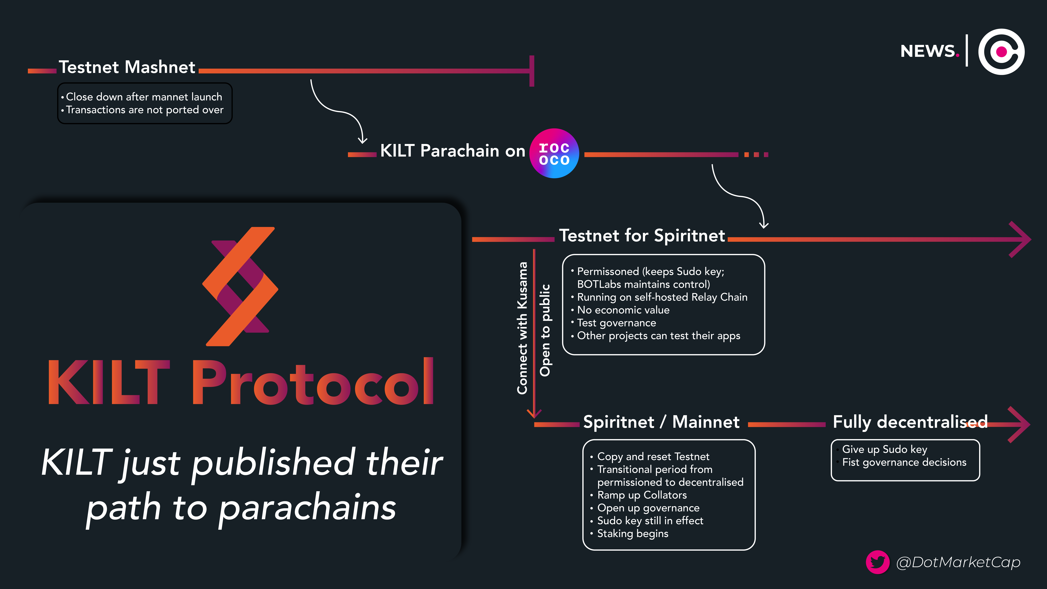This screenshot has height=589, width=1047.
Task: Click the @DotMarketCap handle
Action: pyautogui.click(x=958, y=562)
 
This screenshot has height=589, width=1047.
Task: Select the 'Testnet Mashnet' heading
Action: pyautogui.click(x=127, y=67)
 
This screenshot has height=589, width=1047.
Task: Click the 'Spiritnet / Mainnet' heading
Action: pyautogui.click(x=661, y=422)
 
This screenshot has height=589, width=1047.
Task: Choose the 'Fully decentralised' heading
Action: pyautogui.click(x=910, y=422)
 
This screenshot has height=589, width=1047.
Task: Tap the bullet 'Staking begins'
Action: pyautogui.click(x=632, y=534)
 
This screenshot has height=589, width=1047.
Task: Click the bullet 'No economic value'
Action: pyautogui.click(x=623, y=310)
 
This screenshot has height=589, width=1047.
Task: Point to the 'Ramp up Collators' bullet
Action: pyautogui.click(x=642, y=495)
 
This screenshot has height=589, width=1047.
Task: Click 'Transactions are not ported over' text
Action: pyautogui.click(x=145, y=110)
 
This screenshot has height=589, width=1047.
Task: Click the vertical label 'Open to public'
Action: pyautogui.click(x=545, y=330)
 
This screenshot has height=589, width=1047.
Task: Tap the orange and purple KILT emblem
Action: pyautogui.click(x=240, y=287)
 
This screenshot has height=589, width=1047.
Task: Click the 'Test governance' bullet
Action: pyautogui.click(x=616, y=323)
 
